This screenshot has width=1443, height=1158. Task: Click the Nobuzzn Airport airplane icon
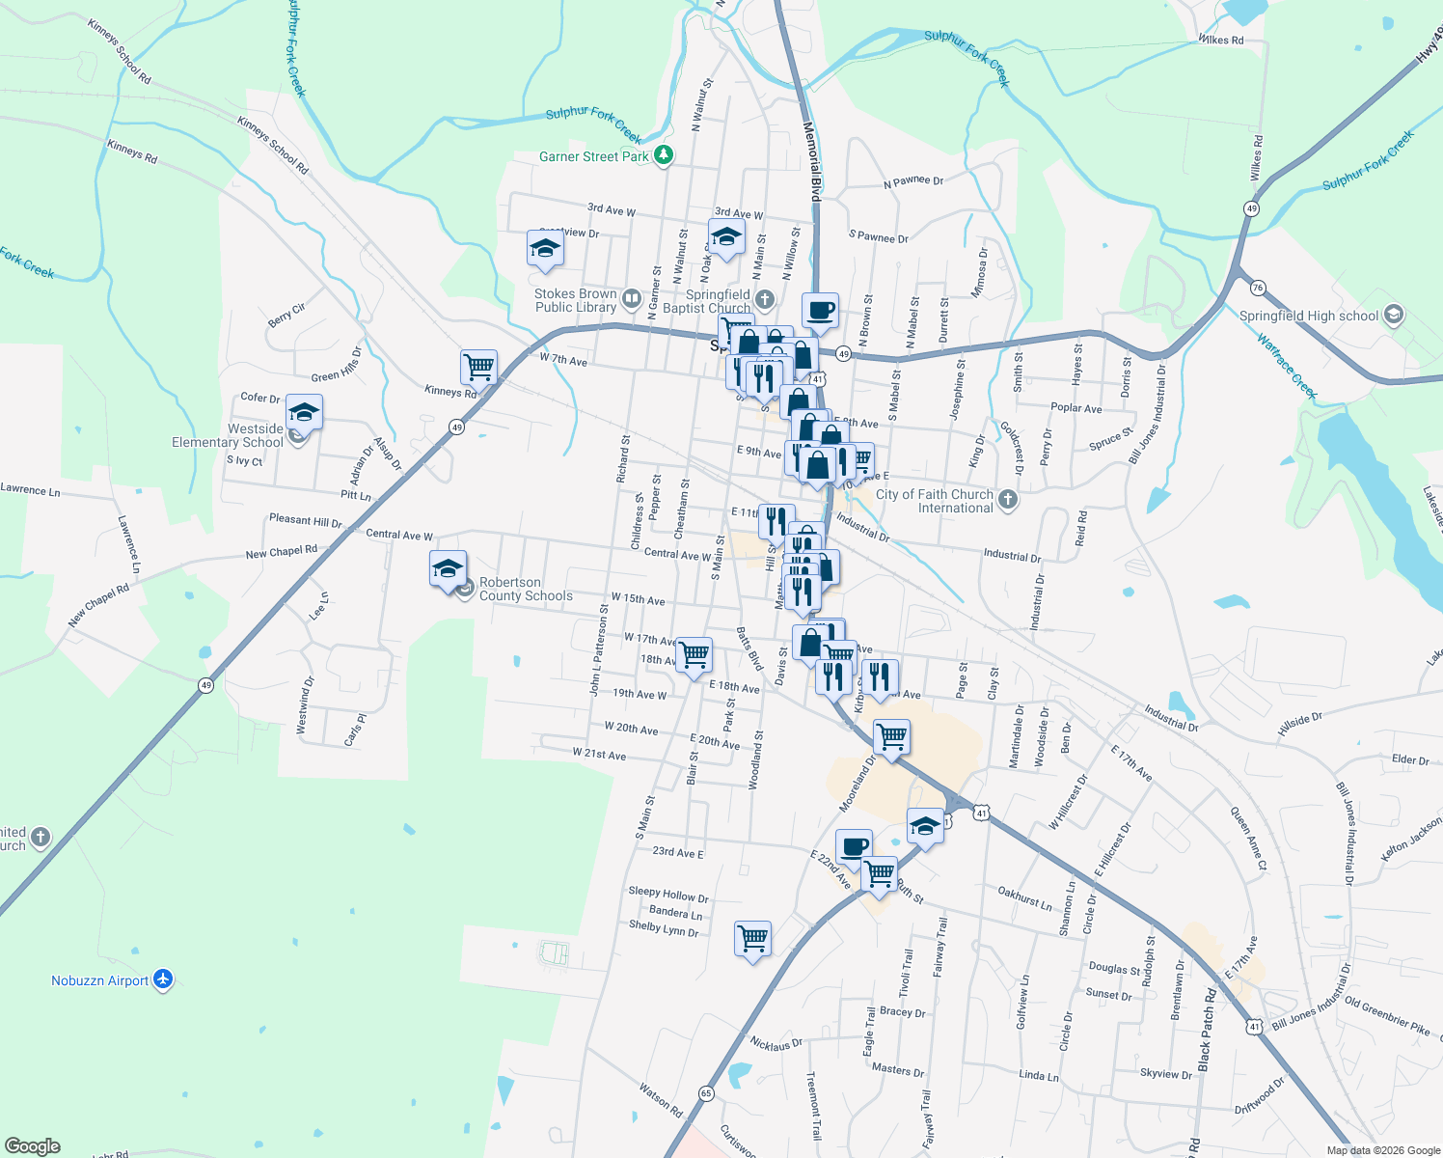[x=163, y=979]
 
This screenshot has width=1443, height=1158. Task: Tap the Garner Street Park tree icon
[x=663, y=155]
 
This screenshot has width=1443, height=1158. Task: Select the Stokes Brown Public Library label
[x=576, y=300]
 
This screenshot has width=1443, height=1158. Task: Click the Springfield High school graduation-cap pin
[x=1393, y=315]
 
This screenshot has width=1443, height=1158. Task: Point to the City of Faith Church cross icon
[x=1008, y=500]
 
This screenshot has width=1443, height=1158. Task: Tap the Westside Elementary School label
[x=228, y=435]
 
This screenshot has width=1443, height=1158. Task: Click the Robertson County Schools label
[x=526, y=589]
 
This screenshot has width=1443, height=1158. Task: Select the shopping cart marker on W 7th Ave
[x=478, y=367]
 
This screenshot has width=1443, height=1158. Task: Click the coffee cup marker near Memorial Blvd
[x=820, y=311]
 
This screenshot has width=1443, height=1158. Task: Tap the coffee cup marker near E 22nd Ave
[x=854, y=847]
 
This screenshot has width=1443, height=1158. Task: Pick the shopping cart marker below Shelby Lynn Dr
[x=752, y=938]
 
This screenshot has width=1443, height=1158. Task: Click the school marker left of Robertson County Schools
[x=448, y=569]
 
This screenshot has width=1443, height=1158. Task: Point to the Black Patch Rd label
[x=1206, y=1029]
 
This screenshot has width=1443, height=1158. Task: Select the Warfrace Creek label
[x=1287, y=366]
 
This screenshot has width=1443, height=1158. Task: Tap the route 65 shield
[x=707, y=1093]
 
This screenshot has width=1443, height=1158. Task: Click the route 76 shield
[x=1257, y=288]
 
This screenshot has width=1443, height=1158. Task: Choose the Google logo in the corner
[x=33, y=1145]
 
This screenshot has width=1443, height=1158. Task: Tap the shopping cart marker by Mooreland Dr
[x=892, y=737]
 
